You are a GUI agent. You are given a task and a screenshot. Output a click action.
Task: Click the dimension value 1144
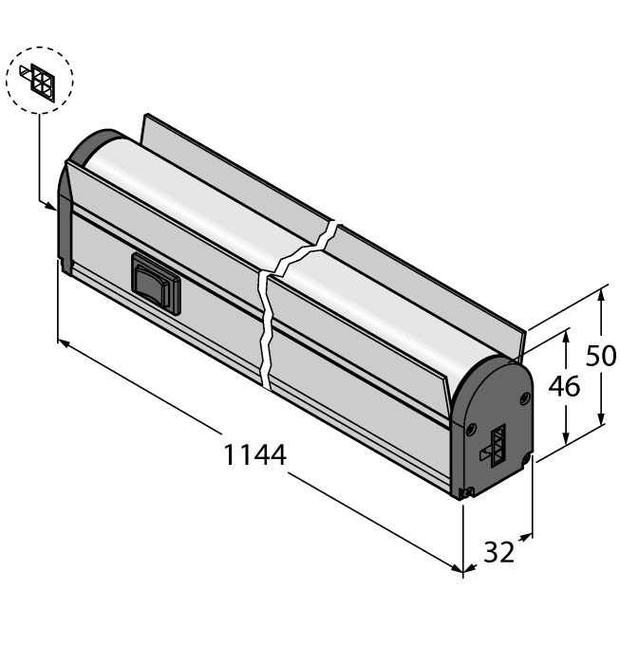pyautogui.click(x=254, y=454)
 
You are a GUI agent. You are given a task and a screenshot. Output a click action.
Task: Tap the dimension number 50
pyautogui.click(x=600, y=356)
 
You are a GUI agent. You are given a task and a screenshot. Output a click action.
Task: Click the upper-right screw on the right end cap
pyautogui.click(x=520, y=398)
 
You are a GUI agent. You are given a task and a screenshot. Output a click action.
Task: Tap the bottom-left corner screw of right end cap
pyautogui.click(x=465, y=491)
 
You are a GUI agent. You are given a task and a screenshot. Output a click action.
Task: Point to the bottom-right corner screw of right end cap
pyautogui.click(x=526, y=462)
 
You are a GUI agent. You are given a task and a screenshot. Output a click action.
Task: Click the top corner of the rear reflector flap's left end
pyautogui.click(x=143, y=117)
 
